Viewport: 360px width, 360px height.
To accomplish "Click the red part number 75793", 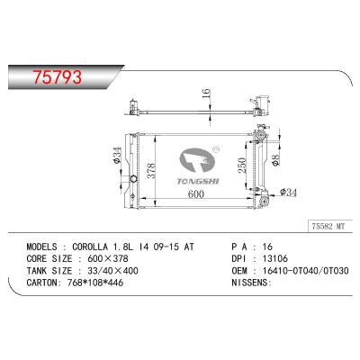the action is click(x=58, y=76).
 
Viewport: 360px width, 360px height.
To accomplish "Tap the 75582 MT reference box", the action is click(x=328, y=226).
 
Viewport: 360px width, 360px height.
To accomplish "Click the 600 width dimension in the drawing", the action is click(x=196, y=193).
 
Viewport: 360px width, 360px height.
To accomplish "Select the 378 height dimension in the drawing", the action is click(x=151, y=171).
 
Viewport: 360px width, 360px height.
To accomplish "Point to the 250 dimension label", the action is click(x=242, y=165).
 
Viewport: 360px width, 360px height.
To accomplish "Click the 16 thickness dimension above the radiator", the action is click(x=206, y=94).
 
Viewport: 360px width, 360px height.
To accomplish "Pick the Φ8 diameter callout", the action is click(x=275, y=159).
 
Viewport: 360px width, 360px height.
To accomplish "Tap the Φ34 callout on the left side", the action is click(x=117, y=155).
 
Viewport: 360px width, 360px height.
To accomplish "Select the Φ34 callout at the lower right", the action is click(x=288, y=192).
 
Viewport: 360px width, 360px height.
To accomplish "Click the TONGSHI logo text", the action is click(x=198, y=181).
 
